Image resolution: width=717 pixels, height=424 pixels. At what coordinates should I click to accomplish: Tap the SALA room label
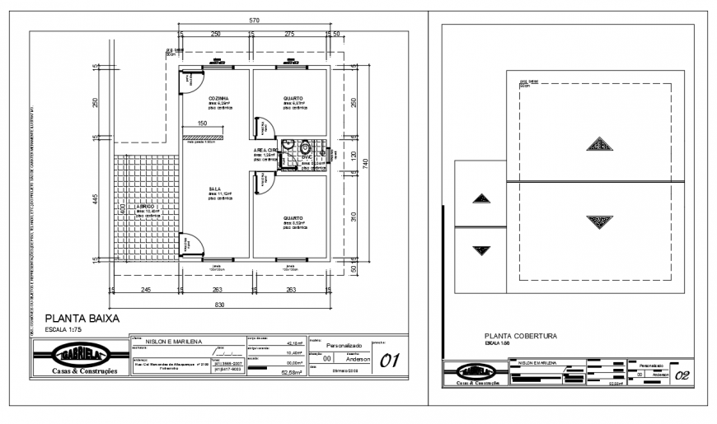tap(213, 189)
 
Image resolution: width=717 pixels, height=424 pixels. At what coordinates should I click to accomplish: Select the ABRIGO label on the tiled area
tap(136, 205)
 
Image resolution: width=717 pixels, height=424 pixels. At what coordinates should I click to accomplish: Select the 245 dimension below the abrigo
tap(143, 289)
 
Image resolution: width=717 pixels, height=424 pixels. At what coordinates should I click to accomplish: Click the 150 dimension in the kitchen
tap(202, 123)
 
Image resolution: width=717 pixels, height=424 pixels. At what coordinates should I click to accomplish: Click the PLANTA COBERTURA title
tap(521, 336)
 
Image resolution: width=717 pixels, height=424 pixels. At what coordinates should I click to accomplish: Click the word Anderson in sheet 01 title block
tap(358, 359)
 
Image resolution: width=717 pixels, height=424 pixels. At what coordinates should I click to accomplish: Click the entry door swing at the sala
tap(193, 244)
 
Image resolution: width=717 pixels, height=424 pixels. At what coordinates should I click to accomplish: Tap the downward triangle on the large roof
tap(599, 221)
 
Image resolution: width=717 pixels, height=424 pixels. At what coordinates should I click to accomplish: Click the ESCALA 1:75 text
tap(63, 328)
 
